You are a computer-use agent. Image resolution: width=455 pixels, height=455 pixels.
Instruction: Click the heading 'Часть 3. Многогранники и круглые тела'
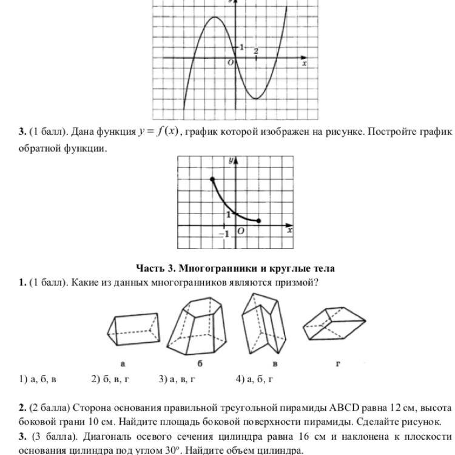click(x=235, y=268)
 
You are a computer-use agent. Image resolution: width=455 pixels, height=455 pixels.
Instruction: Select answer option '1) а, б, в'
click(x=38, y=379)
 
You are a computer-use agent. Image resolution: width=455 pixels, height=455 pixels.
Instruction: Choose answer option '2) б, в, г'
click(x=110, y=379)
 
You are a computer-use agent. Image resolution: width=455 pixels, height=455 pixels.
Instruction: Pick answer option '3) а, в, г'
click(x=177, y=379)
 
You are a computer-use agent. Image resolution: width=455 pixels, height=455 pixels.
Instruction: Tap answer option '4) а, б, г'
click(x=255, y=379)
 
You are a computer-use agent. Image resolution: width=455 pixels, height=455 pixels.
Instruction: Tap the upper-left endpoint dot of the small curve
click(x=212, y=180)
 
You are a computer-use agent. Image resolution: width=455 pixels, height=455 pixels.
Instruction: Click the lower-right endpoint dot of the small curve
click(x=259, y=221)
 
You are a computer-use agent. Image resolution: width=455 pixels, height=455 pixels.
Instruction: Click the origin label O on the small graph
click(x=241, y=232)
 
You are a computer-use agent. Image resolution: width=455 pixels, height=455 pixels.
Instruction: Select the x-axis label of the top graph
click(x=304, y=63)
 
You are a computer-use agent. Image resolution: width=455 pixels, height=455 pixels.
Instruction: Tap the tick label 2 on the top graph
click(x=256, y=51)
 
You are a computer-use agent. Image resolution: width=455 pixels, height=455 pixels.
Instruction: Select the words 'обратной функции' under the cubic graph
click(x=63, y=147)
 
